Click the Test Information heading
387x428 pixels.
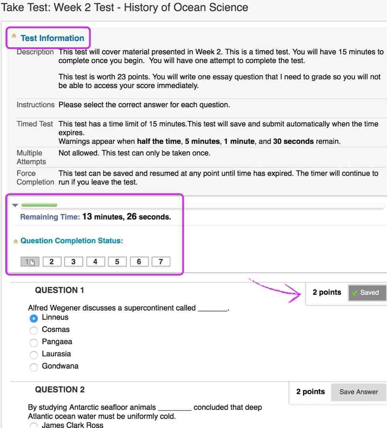coord(52,38)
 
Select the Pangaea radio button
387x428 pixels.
coord(34,342)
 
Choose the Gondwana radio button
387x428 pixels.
coord(34,367)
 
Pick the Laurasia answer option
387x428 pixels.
coord(34,355)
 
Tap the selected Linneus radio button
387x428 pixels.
coord(34,318)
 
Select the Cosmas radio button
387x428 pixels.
coord(34,330)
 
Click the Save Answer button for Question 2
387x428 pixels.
coord(359,392)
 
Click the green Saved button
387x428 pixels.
coord(367,293)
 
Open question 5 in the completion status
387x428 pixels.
coord(117,261)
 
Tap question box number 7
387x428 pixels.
coord(160,261)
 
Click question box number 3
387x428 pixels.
coord(73,261)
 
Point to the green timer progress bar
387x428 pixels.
coord(39,205)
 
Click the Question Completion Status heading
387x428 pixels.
coord(72,241)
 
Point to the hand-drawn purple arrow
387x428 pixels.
coord(277,290)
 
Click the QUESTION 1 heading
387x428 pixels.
coord(60,291)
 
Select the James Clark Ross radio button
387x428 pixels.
coord(34,425)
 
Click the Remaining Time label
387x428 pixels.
coord(50,217)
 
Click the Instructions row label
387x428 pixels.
coord(36,105)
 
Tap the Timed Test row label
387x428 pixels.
coord(35,124)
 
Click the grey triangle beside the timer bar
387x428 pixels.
coord(15,205)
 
